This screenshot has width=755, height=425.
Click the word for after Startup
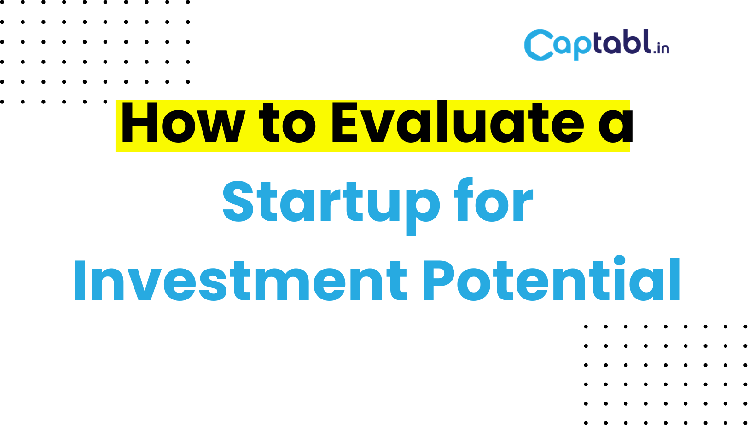click(494, 200)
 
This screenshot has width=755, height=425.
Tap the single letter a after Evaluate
click(616, 126)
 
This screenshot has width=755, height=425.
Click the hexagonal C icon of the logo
click(539, 45)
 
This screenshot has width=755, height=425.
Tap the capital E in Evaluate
click(344, 122)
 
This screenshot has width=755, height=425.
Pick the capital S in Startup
click(238, 202)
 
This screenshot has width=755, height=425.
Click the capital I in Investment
click(80, 281)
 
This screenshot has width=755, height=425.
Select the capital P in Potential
click(438, 281)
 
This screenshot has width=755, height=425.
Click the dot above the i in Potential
click(620, 261)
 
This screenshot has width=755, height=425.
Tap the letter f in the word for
click(464, 200)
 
